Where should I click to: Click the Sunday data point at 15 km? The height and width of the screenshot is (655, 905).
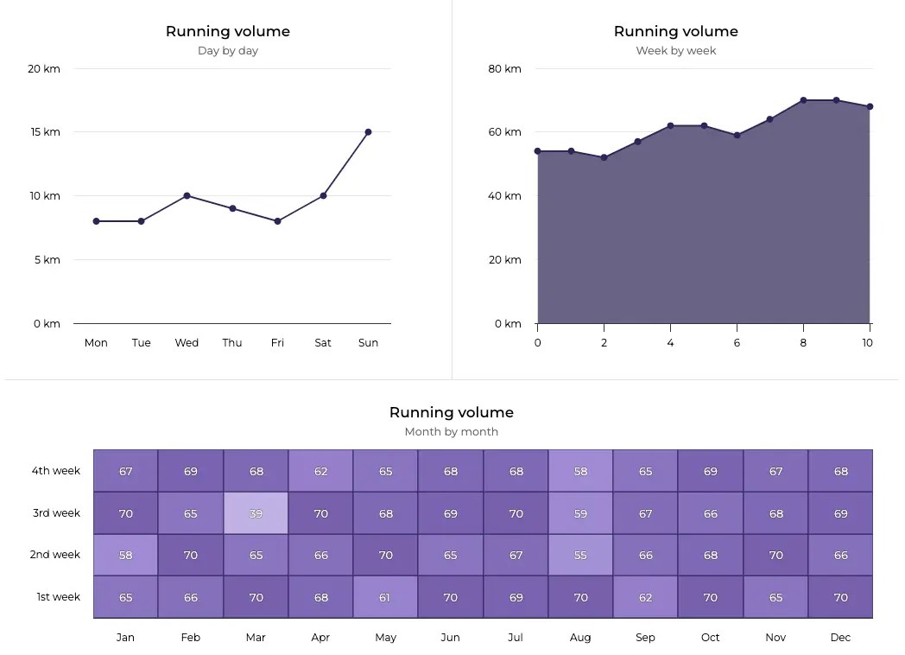368,132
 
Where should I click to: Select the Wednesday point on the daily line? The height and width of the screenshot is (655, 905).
187,196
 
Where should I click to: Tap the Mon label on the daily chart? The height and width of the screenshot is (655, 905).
96,343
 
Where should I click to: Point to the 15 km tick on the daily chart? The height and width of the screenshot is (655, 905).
45,132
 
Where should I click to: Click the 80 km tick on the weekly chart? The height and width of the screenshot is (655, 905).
505,69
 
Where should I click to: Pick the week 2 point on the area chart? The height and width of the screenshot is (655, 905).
604,158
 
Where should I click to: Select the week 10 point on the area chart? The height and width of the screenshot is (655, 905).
870,107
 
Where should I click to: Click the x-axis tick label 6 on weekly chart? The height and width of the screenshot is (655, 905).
737,343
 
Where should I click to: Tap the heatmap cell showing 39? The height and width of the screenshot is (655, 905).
256,513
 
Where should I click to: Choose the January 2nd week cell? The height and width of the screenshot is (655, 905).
125,555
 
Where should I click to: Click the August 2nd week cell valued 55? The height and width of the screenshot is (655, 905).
580,555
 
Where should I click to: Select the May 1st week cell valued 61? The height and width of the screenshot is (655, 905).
385,597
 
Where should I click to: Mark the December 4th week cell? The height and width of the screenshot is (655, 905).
840,471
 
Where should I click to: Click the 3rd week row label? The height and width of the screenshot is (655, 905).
56,513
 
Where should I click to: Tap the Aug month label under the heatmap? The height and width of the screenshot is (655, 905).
580,638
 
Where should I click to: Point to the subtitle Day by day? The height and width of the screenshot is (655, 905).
228,51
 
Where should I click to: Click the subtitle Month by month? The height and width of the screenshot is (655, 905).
451,432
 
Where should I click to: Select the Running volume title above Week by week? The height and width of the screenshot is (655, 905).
675,31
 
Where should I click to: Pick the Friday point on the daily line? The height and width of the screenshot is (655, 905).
277,221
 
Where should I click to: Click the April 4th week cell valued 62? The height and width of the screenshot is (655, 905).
320,471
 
